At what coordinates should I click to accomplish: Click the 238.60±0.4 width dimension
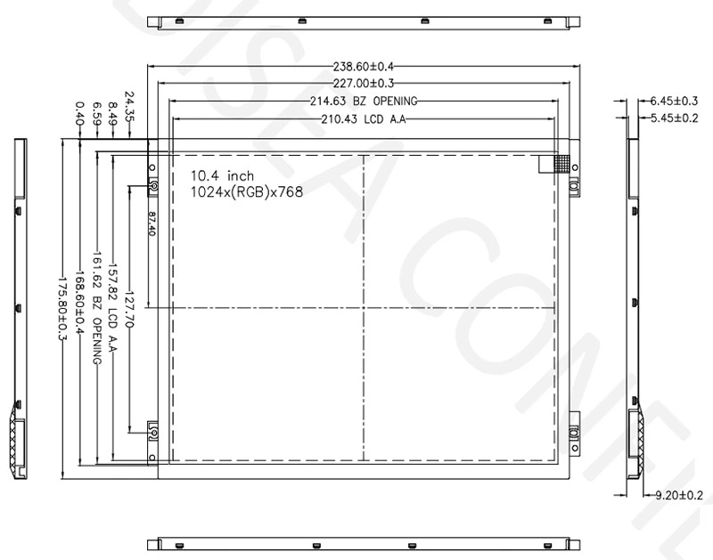click(x=364, y=66)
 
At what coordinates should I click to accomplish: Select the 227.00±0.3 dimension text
click(x=364, y=84)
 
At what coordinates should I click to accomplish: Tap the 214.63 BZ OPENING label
click(x=364, y=101)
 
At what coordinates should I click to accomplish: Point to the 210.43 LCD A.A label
click(x=364, y=119)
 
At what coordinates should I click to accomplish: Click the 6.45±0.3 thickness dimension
click(x=674, y=101)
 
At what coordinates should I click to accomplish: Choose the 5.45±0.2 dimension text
click(x=674, y=118)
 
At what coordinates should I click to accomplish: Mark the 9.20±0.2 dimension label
click(x=679, y=495)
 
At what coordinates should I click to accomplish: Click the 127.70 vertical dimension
click(x=130, y=308)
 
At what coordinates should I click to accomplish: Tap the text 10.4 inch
click(x=223, y=175)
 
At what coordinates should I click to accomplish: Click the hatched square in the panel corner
click(x=561, y=163)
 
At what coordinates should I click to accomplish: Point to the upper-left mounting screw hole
click(x=152, y=185)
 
